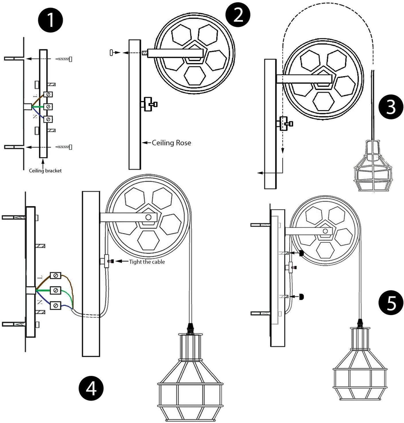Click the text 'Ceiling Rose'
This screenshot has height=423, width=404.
click(171, 143)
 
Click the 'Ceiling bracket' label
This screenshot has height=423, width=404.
click(45, 171)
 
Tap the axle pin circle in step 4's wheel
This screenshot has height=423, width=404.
click(150, 217)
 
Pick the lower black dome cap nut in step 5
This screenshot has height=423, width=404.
click(302, 297)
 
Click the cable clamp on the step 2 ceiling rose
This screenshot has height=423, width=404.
click(148, 104)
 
